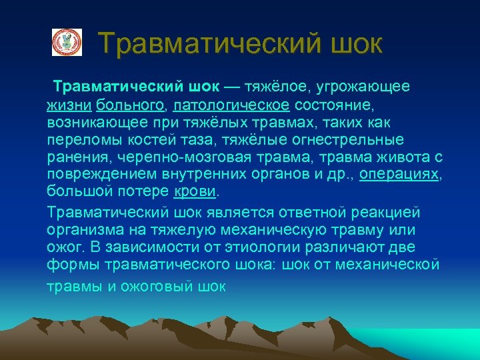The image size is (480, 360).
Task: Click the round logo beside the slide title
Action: [67, 42]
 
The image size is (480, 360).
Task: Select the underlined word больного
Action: [130, 106]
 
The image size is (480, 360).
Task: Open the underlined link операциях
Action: [399, 175]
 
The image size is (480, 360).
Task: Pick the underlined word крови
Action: [195, 192]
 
